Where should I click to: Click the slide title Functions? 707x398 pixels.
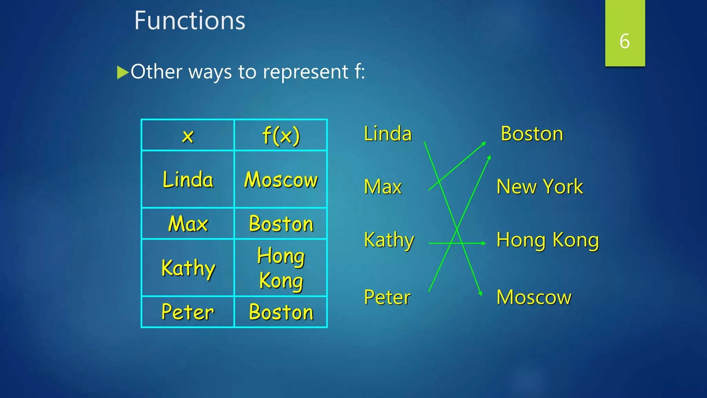(x=190, y=20)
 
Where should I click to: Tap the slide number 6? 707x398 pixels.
(x=624, y=41)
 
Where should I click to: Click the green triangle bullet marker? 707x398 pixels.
(x=122, y=72)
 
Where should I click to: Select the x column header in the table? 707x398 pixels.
(x=188, y=135)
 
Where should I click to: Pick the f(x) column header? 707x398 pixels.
(x=281, y=135)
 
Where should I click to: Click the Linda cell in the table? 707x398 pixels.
(x=188, y=179)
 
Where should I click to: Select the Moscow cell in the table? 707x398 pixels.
(x=281, y=179)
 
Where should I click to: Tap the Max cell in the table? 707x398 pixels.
(x=188, y=224)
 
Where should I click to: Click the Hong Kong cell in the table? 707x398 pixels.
(x=281, y=268)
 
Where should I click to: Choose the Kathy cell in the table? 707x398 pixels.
(x=188, y=268)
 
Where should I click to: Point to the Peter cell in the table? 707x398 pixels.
(x=188, y=312)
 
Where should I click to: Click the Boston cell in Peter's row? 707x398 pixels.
(x=281, y=312)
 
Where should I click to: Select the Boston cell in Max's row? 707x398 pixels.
(x=281, y=224)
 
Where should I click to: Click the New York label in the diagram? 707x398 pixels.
(x=540, y=187)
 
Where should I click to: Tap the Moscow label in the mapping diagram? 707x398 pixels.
(x=534, y=297)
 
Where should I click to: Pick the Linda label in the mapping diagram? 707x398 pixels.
(x=388, y=134)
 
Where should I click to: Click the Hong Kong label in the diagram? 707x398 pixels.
(x=548, y=240)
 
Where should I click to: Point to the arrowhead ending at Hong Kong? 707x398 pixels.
(x=484, y=243)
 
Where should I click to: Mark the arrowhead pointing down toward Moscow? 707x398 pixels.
(x=480, y=294)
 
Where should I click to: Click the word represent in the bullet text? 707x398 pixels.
(x=306, y=72)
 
